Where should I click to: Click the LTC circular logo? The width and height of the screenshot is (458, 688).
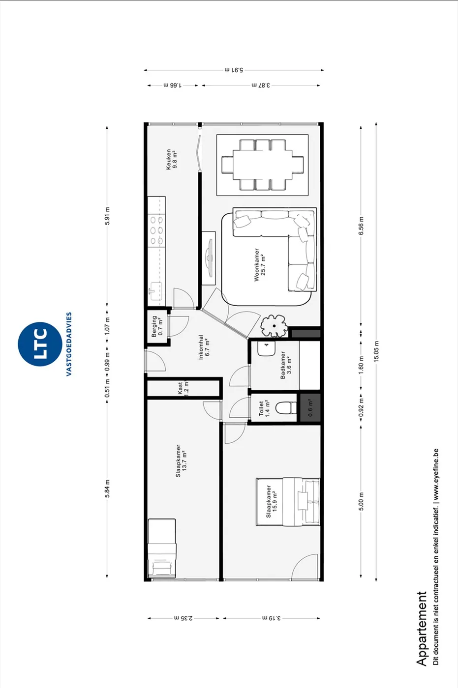click(x=40, y=344)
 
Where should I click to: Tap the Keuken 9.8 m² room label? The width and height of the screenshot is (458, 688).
click(x=171, y=159)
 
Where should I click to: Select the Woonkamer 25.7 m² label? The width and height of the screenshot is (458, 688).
click(x=259, y=265)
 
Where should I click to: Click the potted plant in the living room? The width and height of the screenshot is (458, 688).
click(x=274, y=326)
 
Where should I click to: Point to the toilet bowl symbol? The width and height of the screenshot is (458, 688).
click(x=285, y=408)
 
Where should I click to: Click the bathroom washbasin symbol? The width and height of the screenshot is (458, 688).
click(x=266, y=349)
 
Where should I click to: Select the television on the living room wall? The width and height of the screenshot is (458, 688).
click(x=210, y=258)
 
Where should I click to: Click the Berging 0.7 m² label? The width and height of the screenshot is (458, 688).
click(x=157, y=326)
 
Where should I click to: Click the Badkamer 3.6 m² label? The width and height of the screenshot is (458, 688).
click(x=285, y=365)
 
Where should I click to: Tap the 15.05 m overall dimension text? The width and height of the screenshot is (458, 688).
click(x=376, y=351)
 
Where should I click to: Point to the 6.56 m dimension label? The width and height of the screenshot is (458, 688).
click(x=361, y=226)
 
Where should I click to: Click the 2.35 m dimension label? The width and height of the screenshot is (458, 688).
click(x=183, y=618)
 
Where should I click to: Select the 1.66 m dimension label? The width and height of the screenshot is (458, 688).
click(x=173, y=85)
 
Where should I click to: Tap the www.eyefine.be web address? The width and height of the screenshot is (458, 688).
click(x=435, y=475)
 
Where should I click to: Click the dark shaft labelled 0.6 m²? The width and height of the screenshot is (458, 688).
click(x=310, y=407)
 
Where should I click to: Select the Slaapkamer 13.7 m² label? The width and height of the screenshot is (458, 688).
click(x=181, y=461)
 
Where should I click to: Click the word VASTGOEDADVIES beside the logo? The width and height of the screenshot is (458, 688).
click(x=69, y=344)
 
